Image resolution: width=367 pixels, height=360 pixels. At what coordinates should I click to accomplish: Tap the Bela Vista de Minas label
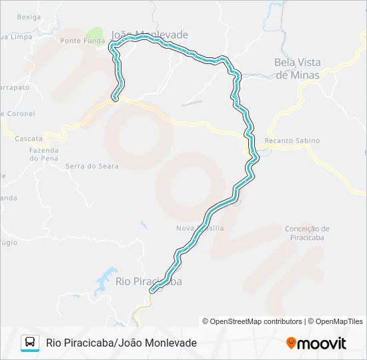pyautogui.click(x=298, y=69)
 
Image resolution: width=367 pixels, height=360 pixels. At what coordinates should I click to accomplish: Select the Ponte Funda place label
pyautogui.click(x=82, y=41)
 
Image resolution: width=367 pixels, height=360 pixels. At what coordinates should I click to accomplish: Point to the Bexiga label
pyautogui.click(x=28, y=17)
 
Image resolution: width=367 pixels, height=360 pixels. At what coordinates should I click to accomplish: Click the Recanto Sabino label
pyautogui.click(x=292, y=141)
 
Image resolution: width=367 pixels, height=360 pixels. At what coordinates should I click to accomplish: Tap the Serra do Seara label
pyautogui.click(x=92, y=166)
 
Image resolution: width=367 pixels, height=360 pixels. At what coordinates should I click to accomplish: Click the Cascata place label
pyautogui.click(x=29, y=139)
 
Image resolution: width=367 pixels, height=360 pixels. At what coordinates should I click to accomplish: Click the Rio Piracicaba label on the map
pyautogui.click(x=148, y=282)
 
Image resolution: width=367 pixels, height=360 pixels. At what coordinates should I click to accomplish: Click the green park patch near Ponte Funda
pyautogui.click(x=95, y=34)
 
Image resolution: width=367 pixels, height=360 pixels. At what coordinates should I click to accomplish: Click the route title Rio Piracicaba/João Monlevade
pyautogui.click(x=121, y=343)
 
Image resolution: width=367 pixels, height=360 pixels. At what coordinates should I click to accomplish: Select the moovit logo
pyautogui.click(x=316, y=343)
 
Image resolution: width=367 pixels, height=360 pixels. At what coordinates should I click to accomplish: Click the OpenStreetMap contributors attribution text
pyautogui.click(x=256, y=321)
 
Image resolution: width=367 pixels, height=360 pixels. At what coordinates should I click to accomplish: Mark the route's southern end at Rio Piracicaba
pyautogui.click(x=153, y=290)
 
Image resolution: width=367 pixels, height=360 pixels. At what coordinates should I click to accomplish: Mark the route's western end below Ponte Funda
pyautogui.click(x=115, y=99)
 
